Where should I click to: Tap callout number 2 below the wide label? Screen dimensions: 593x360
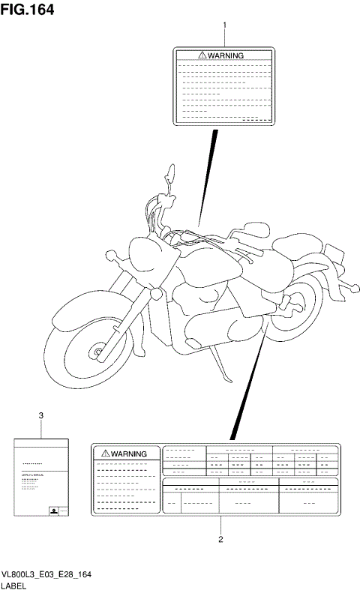click(220, 538)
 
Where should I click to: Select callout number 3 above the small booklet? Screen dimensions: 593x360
click(40, 415)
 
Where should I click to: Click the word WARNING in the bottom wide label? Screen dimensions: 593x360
click(130, 454)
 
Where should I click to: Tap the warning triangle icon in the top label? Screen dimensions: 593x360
click(202, 55)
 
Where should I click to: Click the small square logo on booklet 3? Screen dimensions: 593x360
click(53, 510)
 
